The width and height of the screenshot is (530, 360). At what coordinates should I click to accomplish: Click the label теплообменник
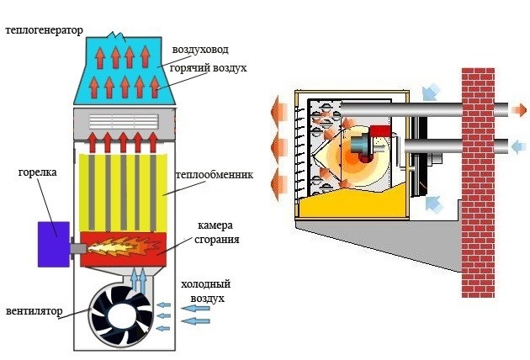[x=208, y=176]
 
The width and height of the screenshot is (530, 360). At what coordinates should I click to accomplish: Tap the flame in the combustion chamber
[x=121, y=246]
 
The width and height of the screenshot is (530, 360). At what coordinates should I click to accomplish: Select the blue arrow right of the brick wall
[x=514, y=147]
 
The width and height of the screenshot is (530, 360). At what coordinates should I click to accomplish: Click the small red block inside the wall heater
[x=381, y=131]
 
